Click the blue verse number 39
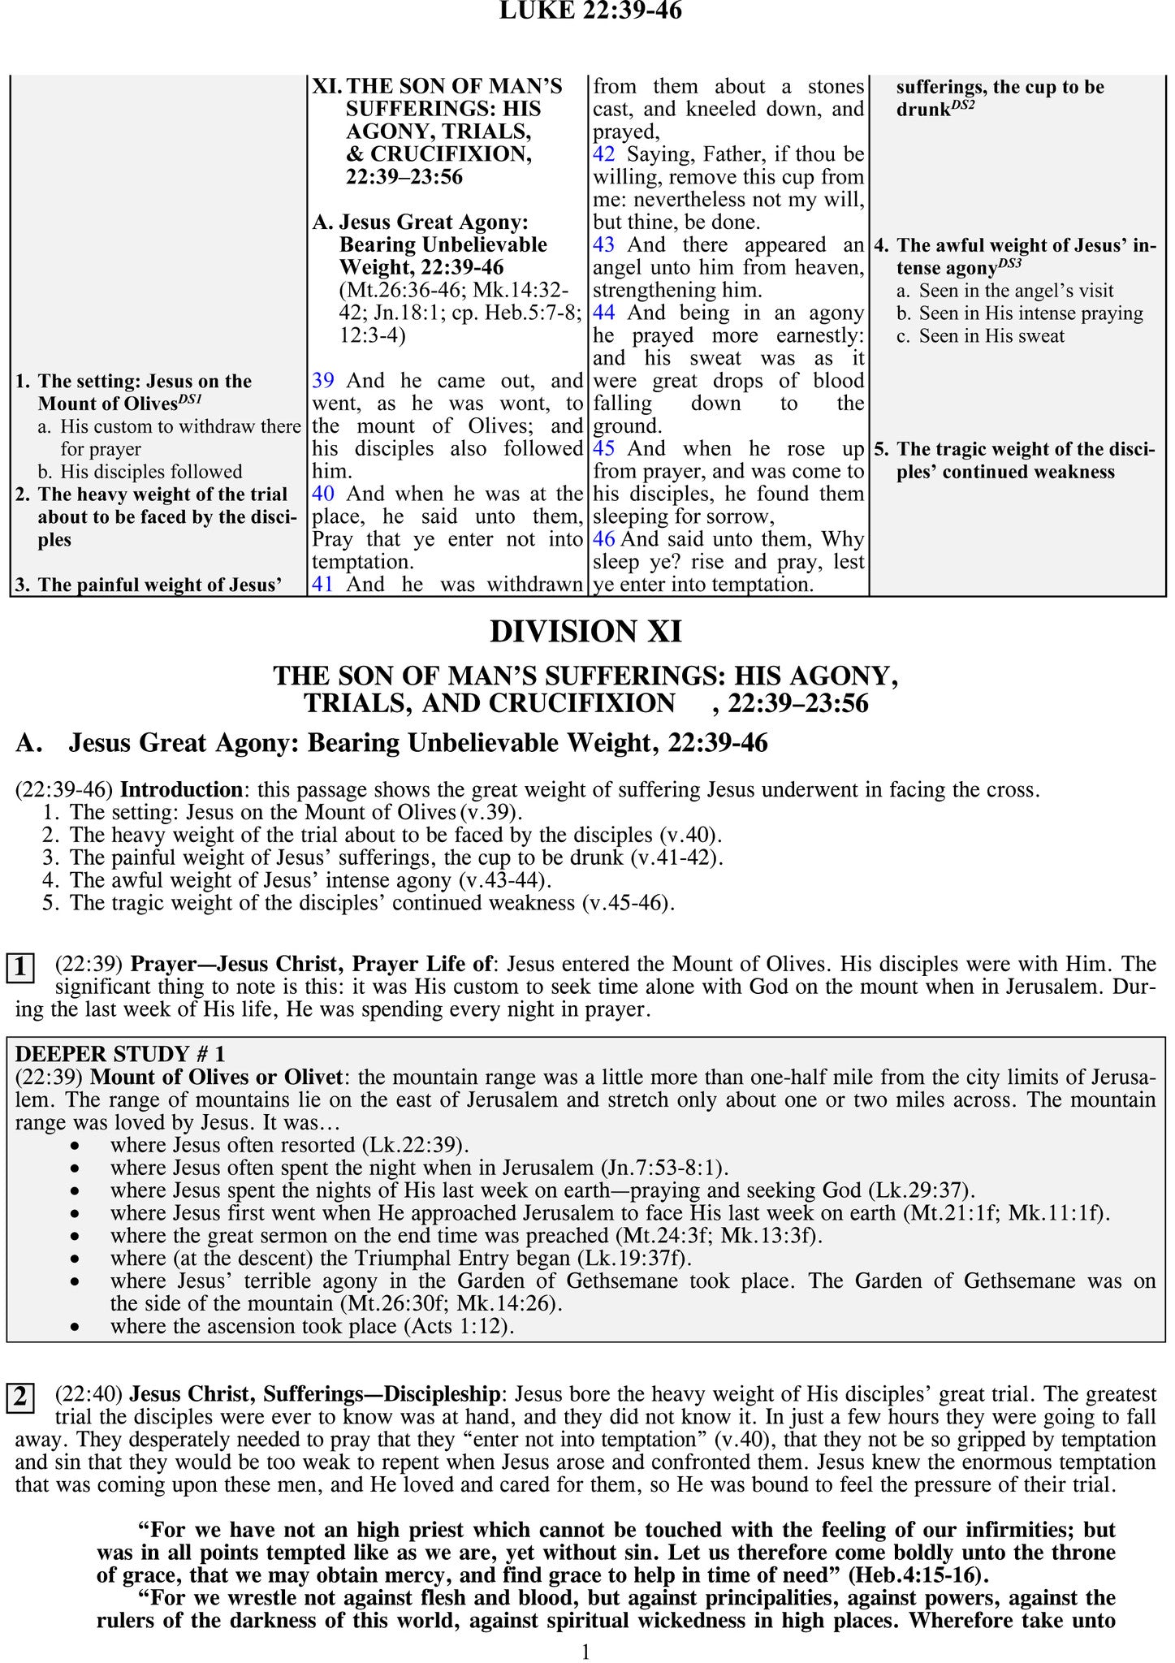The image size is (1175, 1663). coord(322,381)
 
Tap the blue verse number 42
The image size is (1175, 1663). coord(604,154)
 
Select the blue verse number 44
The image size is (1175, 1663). coord(604,313)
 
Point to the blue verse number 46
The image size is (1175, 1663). coord(604,539)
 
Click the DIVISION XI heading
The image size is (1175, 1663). coord(586,631)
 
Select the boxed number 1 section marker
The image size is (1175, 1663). coord(20,968)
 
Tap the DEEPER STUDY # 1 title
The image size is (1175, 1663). coord(120,1054)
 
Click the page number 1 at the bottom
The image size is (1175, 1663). coord(586,1652)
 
